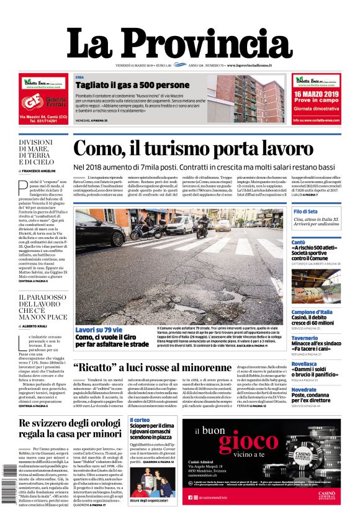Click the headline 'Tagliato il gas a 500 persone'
pos(132,85)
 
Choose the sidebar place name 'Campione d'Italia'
pos(313,312)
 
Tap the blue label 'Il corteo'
pos(139,420)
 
